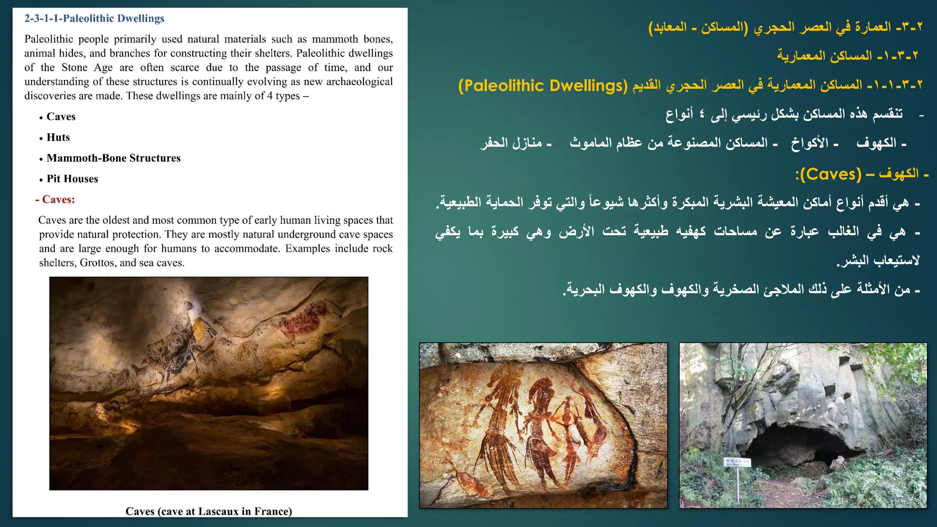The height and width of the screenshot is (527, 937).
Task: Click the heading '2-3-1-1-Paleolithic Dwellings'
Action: point(94,19)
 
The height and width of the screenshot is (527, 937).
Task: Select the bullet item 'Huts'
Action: point(58,137)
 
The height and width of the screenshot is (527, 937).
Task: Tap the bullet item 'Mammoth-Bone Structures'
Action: point(113,158)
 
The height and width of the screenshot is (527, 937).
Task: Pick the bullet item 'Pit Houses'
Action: point(72,178)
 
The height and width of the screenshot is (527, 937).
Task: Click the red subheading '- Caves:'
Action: point(55,199)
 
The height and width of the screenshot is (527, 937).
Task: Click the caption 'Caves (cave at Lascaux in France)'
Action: point(209,511)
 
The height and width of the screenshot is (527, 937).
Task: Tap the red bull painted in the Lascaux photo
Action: point(307,320)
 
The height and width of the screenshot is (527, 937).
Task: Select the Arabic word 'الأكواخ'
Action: point(810,143)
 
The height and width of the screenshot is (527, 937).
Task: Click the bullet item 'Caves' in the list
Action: point(61,117)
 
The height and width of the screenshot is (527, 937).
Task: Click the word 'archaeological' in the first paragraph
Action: point(359,81)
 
